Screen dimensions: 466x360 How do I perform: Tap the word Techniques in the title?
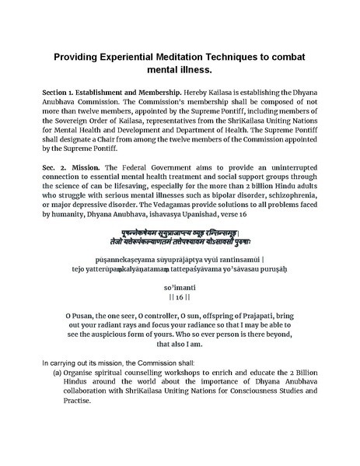point(248,59)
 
